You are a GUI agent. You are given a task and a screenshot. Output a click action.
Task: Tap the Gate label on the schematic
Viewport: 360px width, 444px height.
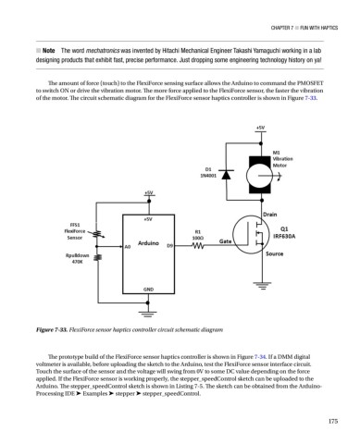(x=225, y=240)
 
